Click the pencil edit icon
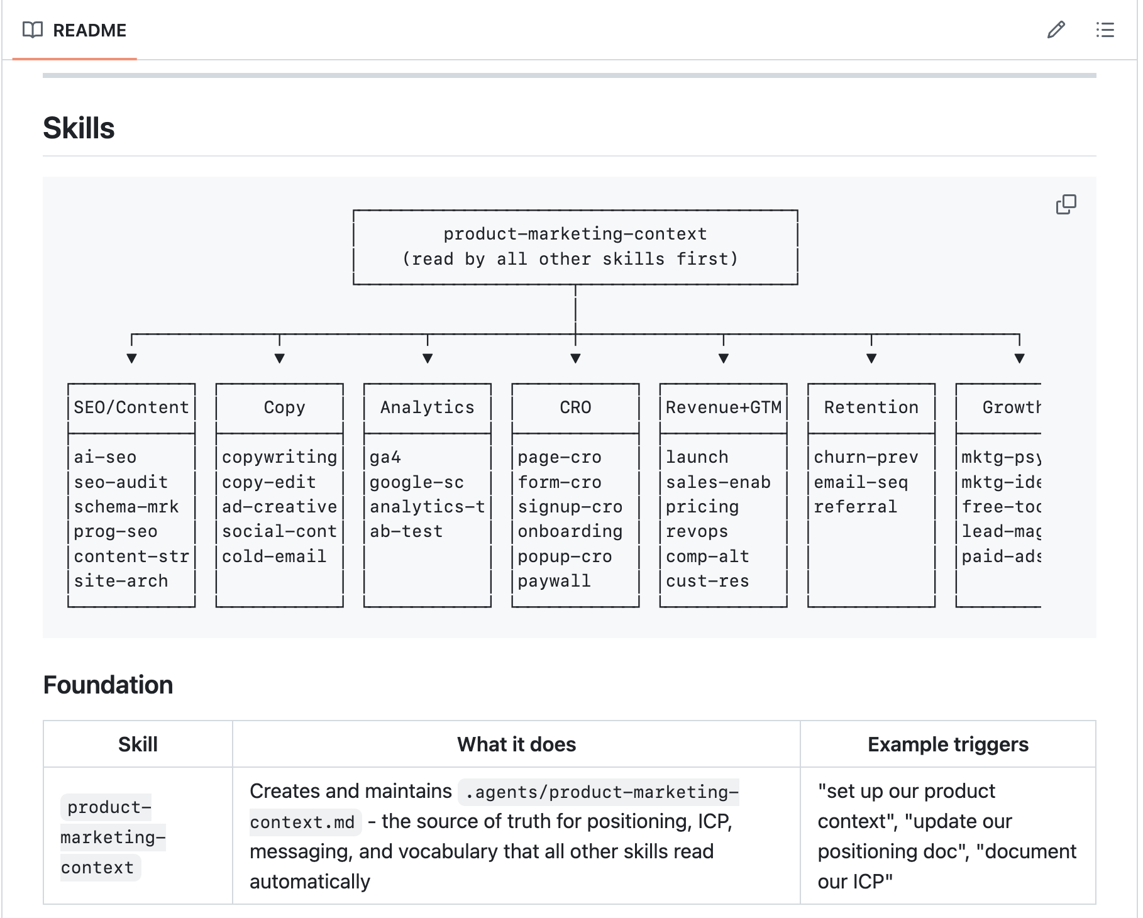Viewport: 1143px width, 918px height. click(1056, 30)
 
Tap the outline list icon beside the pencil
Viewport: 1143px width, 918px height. click(1105, 30)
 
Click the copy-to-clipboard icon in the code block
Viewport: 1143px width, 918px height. click(1066, 204)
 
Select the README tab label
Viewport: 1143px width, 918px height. click(89, 30)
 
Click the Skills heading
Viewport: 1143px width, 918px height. click(79, 128)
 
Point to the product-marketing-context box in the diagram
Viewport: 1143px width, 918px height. click(575, 246)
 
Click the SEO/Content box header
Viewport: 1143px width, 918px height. click(131, 407)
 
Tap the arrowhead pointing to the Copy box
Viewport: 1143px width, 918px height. click(280, 358)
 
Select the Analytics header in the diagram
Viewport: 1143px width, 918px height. click(428, 407)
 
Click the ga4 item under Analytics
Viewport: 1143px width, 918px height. click(385, 457)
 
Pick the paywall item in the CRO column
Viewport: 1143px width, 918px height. click(554, 581)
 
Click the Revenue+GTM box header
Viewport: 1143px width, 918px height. click(724, 407)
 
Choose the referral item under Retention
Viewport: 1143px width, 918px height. click(855, 507)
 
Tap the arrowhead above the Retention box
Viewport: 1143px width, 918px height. click(871, 358)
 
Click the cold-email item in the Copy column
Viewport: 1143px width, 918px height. click(274, 556)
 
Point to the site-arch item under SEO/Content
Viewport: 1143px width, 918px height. click(121, 581)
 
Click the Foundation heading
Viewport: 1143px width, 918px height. click(108, 685)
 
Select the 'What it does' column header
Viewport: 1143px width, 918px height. click(516, 744)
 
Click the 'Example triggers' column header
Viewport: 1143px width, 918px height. click(947, 744)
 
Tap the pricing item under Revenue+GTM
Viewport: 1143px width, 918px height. click(702, 507)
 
